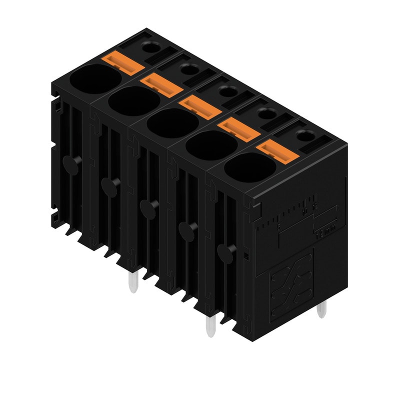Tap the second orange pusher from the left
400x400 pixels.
pyautogui.click(x=158, y=84)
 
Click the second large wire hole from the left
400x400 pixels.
pyautogui.click(x=133, y=102)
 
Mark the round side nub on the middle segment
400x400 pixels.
pyautogui.click(x=147, y=207)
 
